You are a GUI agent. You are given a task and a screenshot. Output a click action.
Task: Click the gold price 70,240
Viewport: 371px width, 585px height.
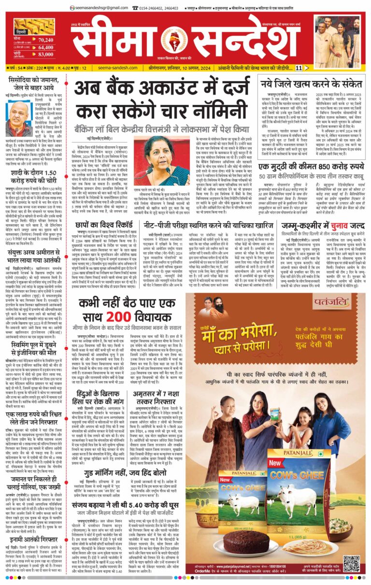[45, 40]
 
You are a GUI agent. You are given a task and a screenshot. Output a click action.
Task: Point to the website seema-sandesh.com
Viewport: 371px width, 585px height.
[109, 68]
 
